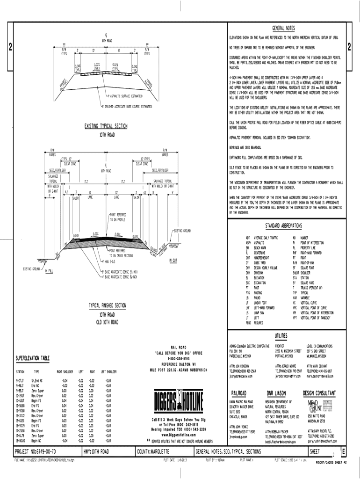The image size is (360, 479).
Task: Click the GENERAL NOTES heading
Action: coord(285,28)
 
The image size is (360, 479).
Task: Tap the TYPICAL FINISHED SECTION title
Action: coord(108,306)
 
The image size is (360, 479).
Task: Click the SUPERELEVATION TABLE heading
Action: coord(33,358)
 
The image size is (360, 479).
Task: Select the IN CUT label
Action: coord(173,260)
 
